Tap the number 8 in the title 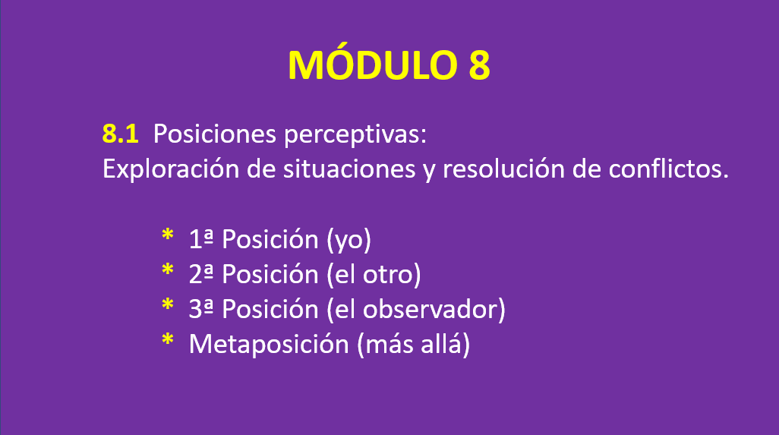479,65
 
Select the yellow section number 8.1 120,134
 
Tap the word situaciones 349,169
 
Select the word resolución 503,169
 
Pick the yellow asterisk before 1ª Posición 168,235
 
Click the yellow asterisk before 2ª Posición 168,270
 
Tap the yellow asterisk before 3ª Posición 168,304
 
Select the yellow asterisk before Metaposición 168,339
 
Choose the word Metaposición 269,345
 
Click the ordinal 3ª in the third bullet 201,309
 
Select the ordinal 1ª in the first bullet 201,239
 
